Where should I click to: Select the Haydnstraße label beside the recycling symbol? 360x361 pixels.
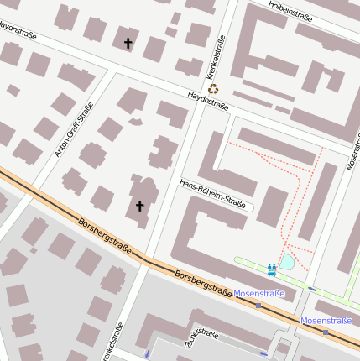209,101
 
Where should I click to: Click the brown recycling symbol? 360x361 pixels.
213,87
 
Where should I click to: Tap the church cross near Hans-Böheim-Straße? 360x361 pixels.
140,206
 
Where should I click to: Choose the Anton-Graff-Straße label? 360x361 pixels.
74,129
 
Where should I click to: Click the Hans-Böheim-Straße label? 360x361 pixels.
213,194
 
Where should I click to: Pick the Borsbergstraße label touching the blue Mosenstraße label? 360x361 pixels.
204,282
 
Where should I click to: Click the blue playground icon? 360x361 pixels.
272,269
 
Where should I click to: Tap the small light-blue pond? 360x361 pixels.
287,262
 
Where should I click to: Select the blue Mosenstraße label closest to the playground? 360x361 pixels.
259,294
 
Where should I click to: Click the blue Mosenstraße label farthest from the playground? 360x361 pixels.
326,321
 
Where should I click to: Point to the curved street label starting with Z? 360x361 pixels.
201,338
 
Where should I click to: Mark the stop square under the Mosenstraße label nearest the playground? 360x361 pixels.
258,306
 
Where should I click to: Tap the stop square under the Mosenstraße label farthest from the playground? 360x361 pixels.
325,332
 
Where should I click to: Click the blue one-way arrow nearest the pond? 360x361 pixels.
312,290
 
